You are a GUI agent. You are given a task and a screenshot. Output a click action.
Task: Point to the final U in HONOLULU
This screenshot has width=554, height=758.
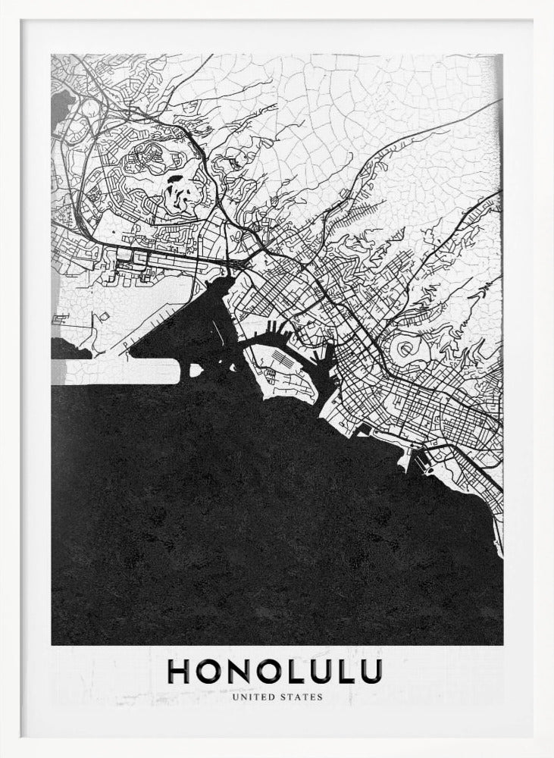tap(370, 672)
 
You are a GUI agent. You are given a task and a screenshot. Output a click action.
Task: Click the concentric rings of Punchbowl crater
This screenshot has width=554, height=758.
tap(408, 348)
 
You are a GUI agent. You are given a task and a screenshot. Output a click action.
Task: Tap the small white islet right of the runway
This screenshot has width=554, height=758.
tap(196, 370)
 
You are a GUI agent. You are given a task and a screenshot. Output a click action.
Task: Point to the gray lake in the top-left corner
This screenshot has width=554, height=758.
tap(62, 102)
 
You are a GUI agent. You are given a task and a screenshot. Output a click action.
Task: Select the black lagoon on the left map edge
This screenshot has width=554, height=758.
tap(68, 349)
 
